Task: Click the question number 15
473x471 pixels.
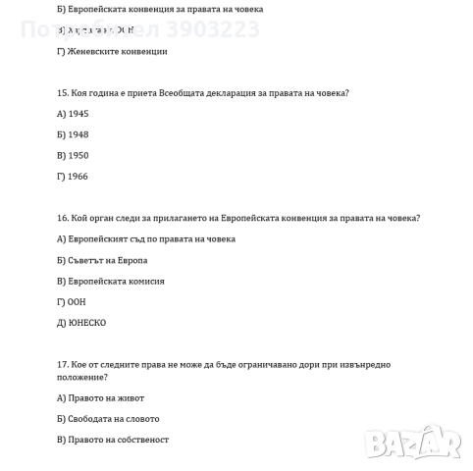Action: click(63, 93)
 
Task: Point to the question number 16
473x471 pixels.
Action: click(63, 218)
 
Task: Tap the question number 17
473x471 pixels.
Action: click(63, 364)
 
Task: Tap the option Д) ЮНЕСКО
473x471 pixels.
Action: click(81, 322)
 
